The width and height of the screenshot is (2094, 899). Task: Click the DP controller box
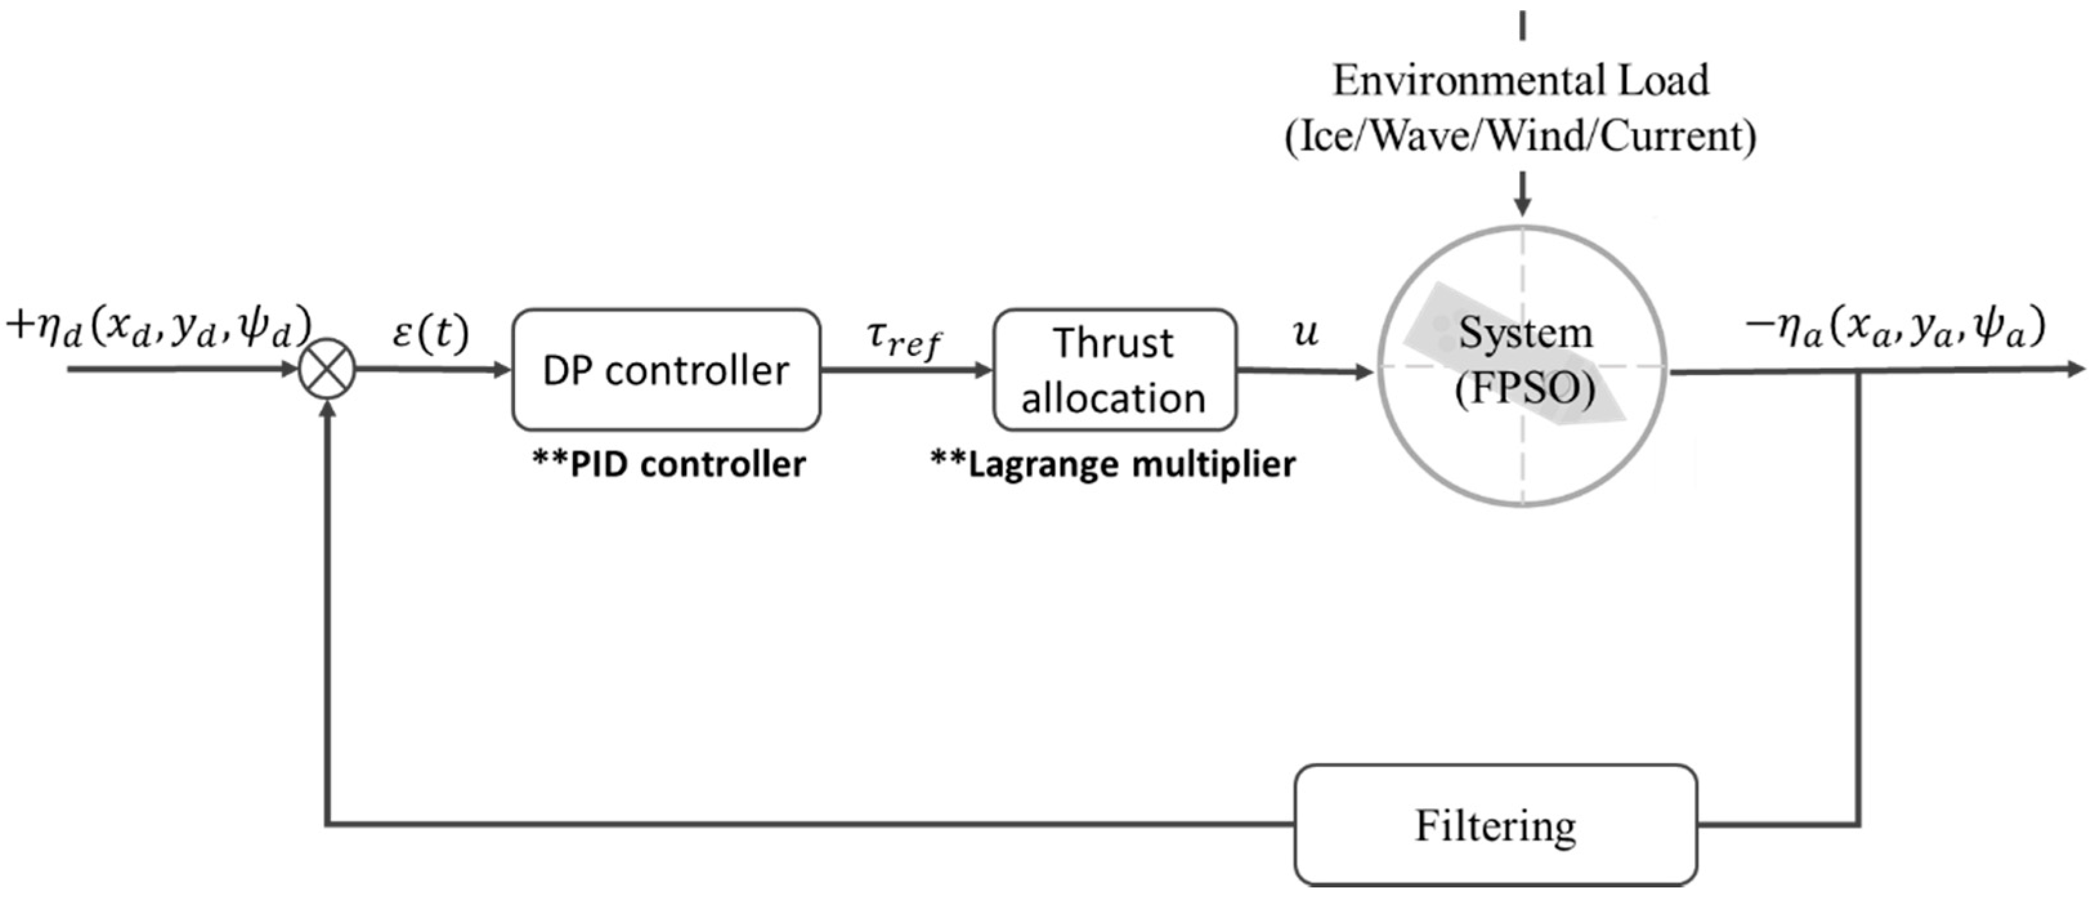(x=666, y=370)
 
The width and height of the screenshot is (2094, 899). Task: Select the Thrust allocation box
(x=1114, y=370)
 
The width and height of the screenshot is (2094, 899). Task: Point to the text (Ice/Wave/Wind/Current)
(x=1520, y=136)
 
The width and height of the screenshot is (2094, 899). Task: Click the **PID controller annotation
(x=668, y=464)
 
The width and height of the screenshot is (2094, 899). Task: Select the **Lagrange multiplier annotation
(x=1113, y=464)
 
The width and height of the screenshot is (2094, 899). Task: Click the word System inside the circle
(x=1525, y=333)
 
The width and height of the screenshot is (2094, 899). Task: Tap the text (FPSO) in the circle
(x=1525, y=389)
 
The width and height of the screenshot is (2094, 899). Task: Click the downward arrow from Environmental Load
(x=1522, y=199)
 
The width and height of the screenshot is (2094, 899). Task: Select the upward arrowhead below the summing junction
(x=328, y=411)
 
